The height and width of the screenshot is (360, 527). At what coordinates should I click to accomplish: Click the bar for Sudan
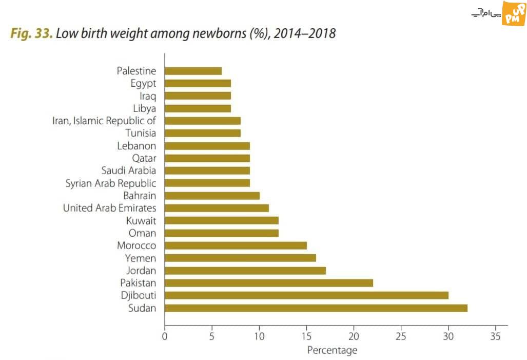316,308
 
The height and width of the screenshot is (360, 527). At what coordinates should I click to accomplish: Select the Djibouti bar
306,295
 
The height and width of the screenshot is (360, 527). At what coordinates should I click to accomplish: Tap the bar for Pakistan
268,283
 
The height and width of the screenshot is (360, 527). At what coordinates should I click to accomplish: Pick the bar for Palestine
193,71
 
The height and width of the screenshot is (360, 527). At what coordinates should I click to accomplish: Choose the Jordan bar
245,271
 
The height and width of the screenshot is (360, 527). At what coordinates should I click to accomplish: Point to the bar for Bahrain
212,196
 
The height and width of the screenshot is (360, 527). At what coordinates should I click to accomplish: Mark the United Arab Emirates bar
217,208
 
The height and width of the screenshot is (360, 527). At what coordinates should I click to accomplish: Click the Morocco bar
236,245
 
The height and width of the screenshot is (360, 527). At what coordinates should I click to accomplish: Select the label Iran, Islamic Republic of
104,121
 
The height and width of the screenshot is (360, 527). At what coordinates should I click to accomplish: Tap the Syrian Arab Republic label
111,183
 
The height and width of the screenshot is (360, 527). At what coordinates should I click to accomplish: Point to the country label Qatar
144,158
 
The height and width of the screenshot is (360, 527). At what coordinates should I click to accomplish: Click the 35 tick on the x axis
495,336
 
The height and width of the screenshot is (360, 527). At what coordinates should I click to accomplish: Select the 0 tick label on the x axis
165,336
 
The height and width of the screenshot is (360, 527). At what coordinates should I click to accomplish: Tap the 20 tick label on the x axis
354,336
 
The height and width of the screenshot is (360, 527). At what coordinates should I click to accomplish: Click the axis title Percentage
331,350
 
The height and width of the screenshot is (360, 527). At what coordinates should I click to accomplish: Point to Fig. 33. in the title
31,34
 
